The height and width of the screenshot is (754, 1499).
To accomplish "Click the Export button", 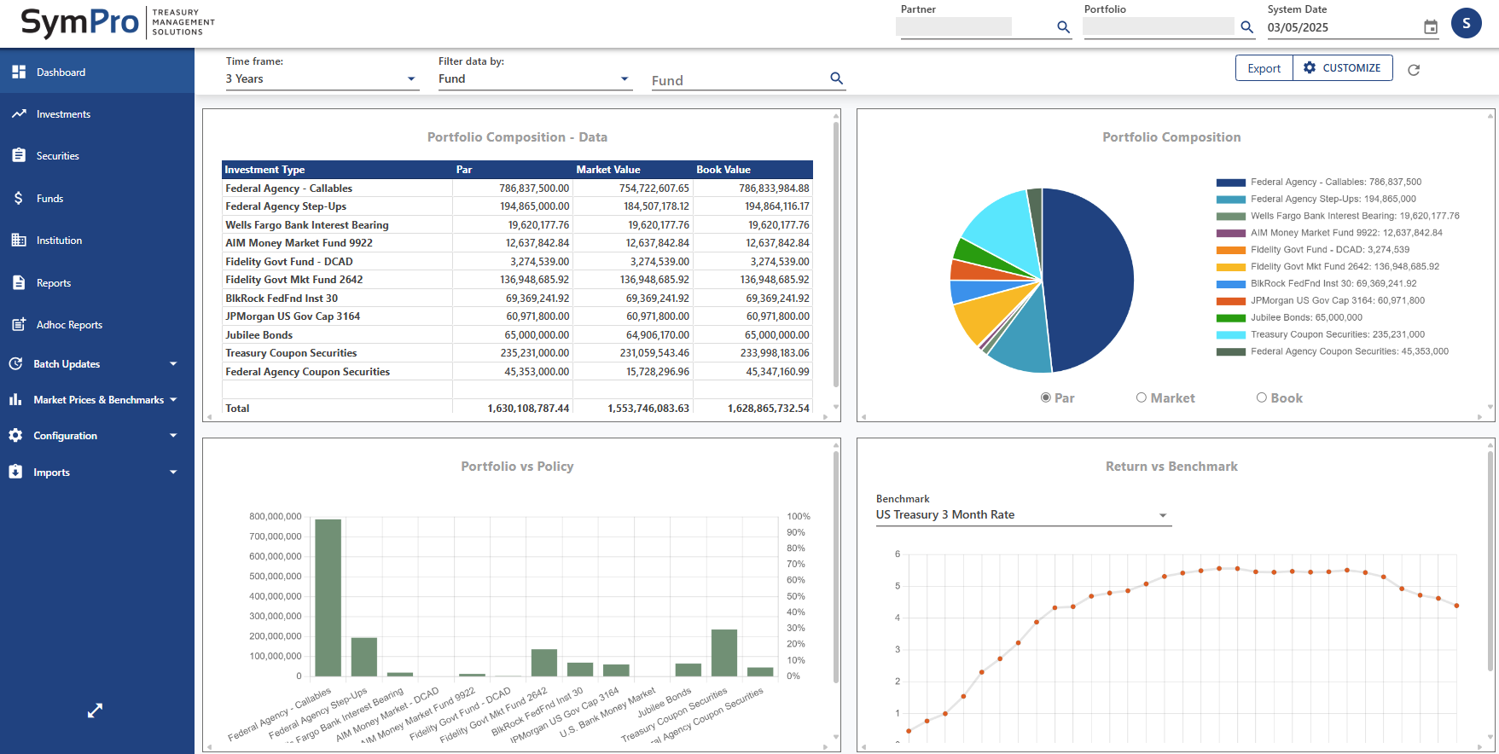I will [x=1264, y=68].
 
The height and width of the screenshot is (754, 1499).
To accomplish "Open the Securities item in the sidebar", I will [x=57, y=156].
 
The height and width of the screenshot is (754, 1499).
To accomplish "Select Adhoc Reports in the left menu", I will [x=69, y=325].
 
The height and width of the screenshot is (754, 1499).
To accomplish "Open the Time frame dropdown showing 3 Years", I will [x=322, y=78].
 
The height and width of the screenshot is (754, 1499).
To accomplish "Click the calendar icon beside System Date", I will [x=1431, y=27].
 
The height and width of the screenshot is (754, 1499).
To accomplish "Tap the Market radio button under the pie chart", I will [x=1142, y=397].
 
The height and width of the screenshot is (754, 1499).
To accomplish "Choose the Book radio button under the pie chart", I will [x=1262, y=397].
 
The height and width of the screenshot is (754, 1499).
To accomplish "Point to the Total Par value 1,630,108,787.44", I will [x=528, y=409].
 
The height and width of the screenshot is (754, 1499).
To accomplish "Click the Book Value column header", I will [x=723, y=170].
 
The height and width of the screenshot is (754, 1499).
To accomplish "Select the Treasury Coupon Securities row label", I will [x=291, y=353].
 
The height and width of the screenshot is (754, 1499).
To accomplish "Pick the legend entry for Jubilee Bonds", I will [x=1305, y=317].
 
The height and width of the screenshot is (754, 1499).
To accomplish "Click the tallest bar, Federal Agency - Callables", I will [x=328, y=597].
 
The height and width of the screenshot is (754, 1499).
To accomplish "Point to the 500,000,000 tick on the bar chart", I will [x=276, y=577].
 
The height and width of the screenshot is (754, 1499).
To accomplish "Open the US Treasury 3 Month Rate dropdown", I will [x=1022, y=515].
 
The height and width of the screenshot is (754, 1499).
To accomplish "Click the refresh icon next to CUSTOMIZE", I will [x=1414, y=70].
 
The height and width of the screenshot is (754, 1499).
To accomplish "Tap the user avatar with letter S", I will [x=1466, y=23].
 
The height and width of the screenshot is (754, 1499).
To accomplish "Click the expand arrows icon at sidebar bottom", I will [x=95, y=710].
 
